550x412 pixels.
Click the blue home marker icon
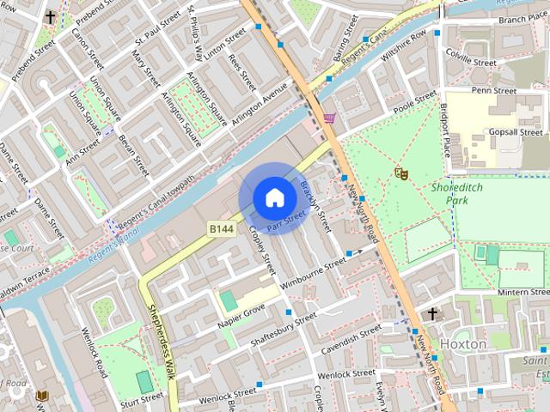coord(273,198)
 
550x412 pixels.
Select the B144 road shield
coord(219,229)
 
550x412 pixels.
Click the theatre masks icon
coord(400,173)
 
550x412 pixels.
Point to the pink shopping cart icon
coord(329,118)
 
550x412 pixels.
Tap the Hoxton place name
coord(463,343)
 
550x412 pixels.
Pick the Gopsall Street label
coord(515,132)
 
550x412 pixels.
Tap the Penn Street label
coord(493,90)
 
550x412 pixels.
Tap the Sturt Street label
coord(142,398)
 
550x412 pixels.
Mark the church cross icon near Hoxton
coord(432,314)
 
